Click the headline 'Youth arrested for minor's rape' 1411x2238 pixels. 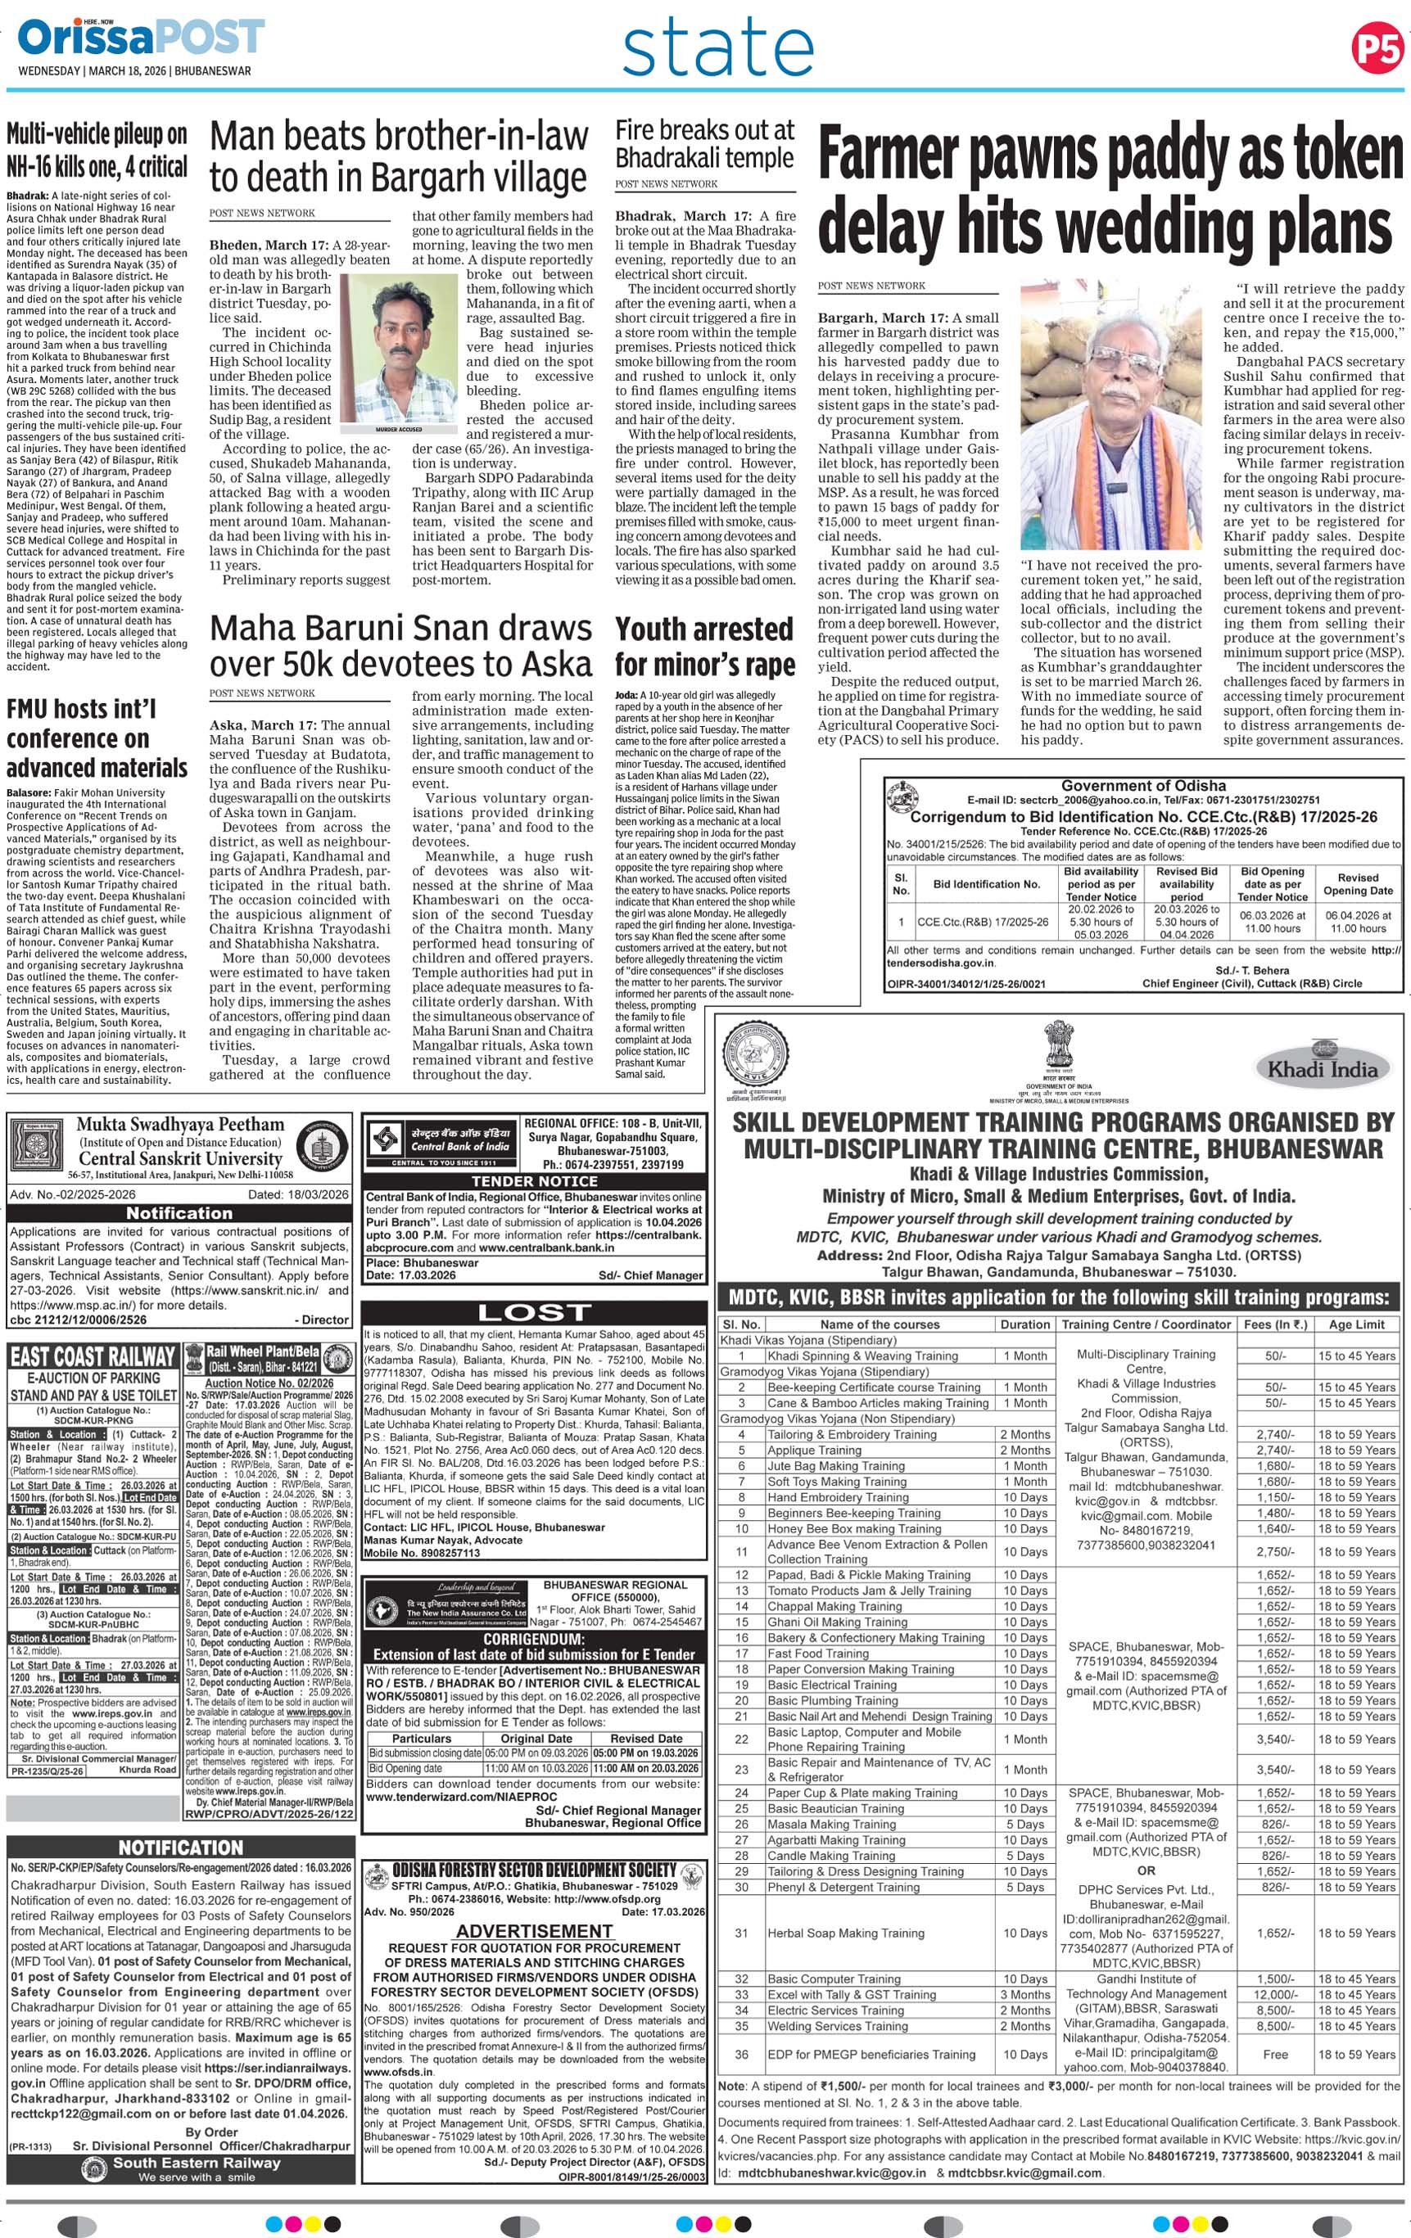pos(704,646)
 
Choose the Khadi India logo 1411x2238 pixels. pos(1323,1068)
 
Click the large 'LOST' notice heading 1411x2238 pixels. pos(534,1311)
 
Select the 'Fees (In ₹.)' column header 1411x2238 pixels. pos(1278,1324)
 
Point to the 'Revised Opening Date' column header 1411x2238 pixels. pos(1357,884)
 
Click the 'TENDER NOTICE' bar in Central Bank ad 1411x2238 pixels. pos(534,1180)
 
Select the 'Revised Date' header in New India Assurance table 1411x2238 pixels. pos(646,1738)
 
